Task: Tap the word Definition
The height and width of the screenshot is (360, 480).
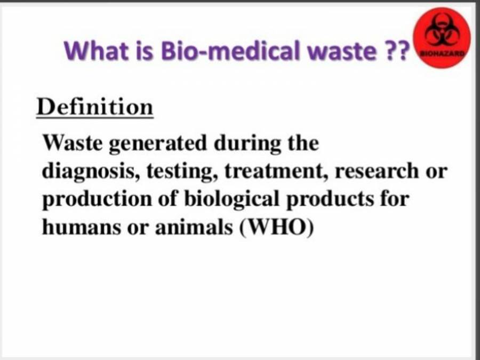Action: (95, 107)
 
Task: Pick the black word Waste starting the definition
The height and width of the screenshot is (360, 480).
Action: (73, 143)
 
